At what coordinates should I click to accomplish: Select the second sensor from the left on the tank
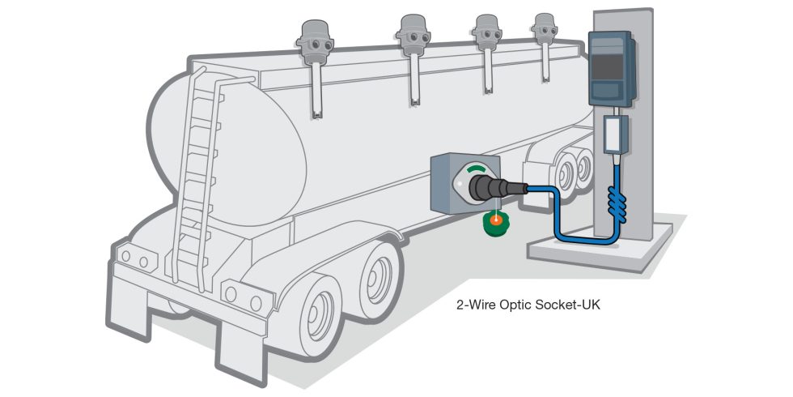413,33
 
